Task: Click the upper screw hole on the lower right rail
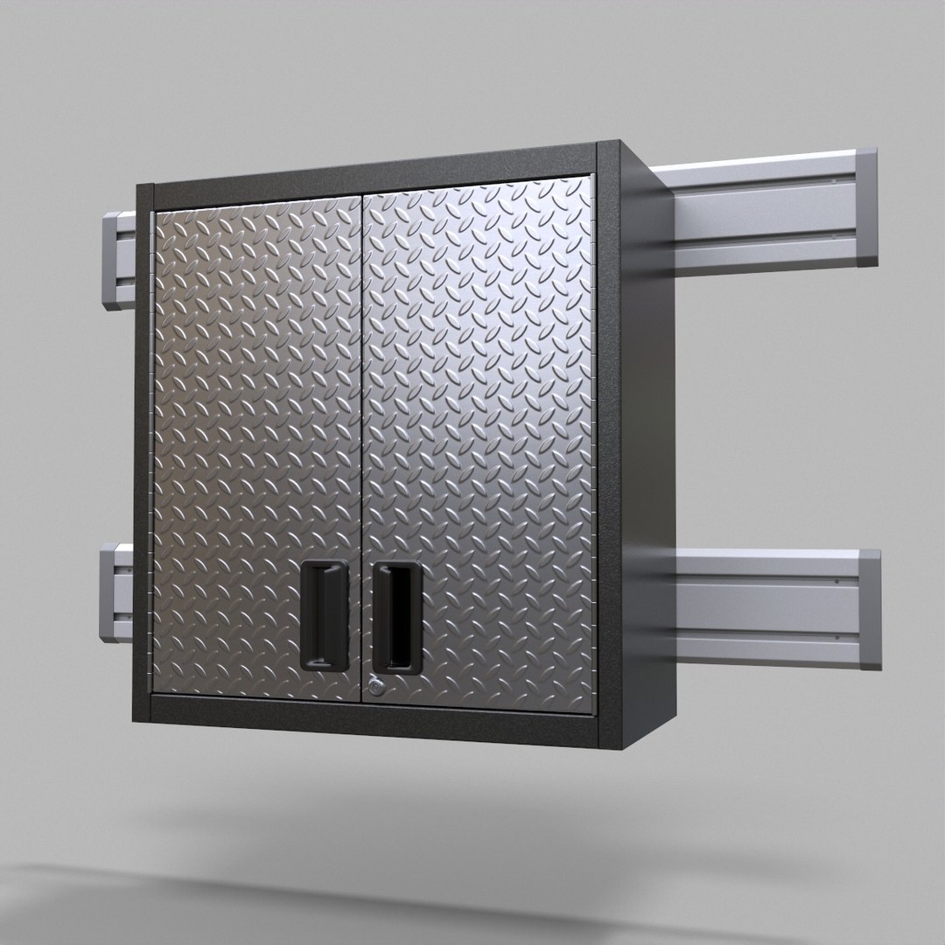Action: [x=837, y=581]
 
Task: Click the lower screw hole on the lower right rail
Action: [x=837, y=642]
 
